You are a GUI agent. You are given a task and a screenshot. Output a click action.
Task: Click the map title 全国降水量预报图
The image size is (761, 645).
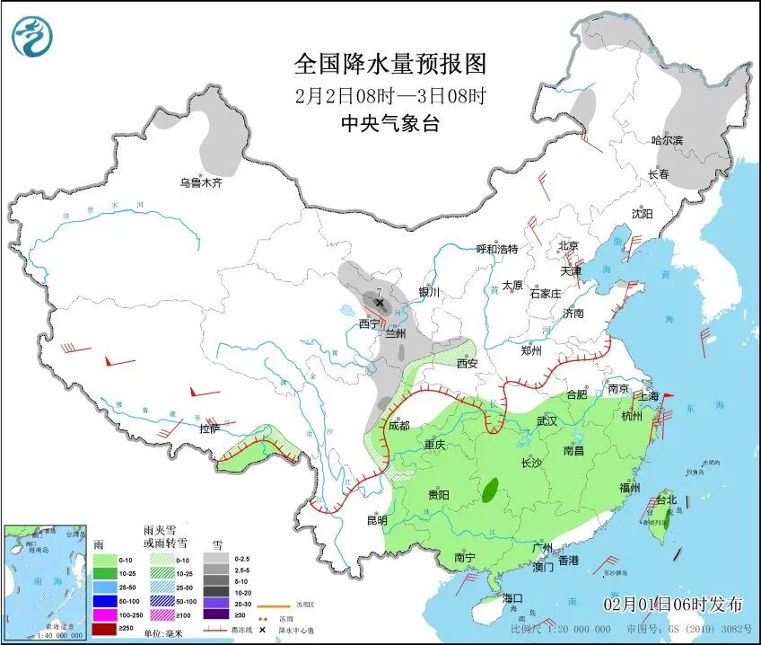pyautogui.click(x=390, y=64)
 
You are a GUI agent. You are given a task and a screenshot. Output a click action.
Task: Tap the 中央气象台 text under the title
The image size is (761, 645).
pyautogui.click(x=390, y=125)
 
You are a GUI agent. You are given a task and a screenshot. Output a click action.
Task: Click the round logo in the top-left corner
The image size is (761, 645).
pyautogui.click(x=32, y=37)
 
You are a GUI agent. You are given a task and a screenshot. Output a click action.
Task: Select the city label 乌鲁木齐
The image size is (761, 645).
pyautogui.click(x=199, y=182)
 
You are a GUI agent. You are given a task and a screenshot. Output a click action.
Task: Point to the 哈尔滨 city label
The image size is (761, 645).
pyautogui.click(x=667, y=140)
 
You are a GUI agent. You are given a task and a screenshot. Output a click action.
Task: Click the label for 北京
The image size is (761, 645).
pyautogui.click(x=568, y=245)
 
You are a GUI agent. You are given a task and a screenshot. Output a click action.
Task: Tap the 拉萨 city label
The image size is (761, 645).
pyautogui.click(x=209, y=429)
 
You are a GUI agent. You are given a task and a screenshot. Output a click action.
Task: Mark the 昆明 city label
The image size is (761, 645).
pyautogui.click(x=377, y=519)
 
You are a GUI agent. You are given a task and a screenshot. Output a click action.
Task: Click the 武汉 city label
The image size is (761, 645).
pyautogui.click(x=547, y=420)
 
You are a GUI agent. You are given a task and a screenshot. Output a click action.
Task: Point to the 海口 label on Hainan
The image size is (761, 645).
pyautogui.click(x=512, y=597)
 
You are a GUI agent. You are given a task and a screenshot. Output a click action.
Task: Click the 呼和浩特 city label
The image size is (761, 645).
pyautogui.click(x=496, y=249)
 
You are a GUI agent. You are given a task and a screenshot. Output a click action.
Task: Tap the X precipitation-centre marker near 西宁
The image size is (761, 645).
pyautogui.click(x=380, y=304)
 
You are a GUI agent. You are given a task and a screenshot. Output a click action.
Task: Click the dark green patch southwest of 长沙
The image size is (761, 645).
pyautogui.click(x=490, y=490)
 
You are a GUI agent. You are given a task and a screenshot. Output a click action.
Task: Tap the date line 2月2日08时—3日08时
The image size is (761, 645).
pyautogui.click(x=390, y=95)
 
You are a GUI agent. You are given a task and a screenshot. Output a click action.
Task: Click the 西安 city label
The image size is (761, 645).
pyautogui.click(x=468, y=364)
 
